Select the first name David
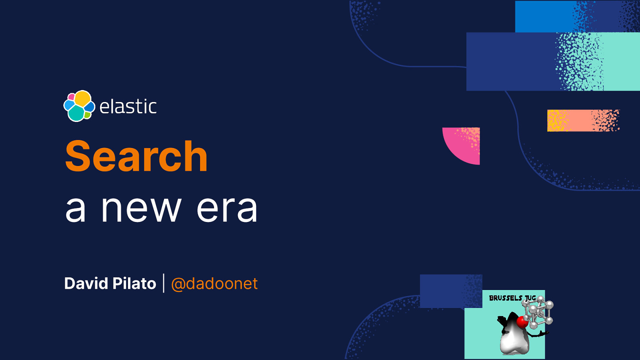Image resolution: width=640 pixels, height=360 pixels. tap(86, 284)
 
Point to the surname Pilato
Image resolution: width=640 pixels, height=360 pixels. tap(134, 284)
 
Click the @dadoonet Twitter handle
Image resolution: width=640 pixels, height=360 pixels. tap(214, 284)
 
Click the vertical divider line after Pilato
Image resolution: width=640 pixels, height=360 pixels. tap(164, 283)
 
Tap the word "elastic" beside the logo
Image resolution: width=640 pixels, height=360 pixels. tap(128, 107)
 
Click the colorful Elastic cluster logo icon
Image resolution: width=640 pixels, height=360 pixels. tap(79, 106)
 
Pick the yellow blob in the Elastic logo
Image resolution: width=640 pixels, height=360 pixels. tap(83, 98)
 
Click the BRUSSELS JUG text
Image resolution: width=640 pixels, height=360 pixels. tap(512, 298)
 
